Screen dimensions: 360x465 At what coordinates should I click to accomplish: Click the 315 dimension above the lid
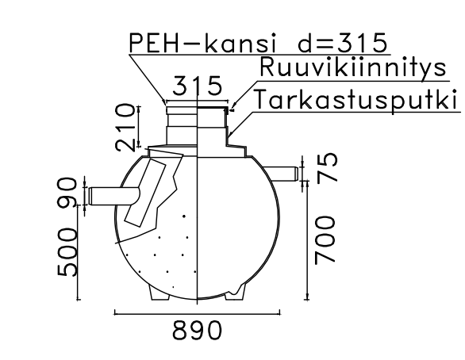tap(198, 87)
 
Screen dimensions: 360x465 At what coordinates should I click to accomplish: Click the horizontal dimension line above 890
tap(198, 313)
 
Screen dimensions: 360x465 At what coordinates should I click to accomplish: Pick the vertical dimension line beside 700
tap(306, 238)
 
